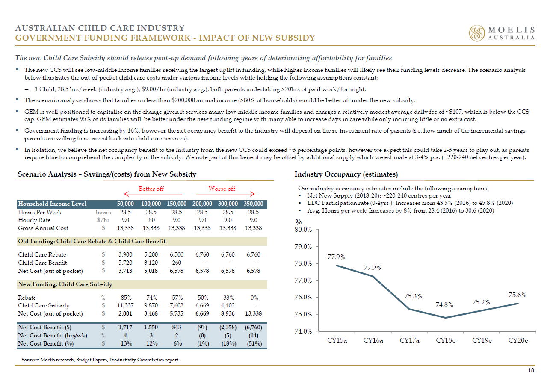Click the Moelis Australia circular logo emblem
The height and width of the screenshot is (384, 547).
coord(477,33)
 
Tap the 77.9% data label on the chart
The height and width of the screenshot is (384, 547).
coord(336,257)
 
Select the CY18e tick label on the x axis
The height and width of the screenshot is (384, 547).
coord(445,340)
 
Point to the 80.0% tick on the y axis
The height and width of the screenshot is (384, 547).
coord(303,230)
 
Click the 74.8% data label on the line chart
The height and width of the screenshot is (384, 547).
coord(444,304)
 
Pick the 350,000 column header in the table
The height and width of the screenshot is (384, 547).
coord(254,204)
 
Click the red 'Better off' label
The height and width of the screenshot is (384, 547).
coord(151,189)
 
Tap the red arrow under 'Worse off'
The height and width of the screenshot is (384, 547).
coord(226,194)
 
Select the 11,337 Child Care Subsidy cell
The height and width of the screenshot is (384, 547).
coord(125,306)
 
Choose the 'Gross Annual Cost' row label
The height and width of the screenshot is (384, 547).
coord(43,228)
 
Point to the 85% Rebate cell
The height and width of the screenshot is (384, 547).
coord(126,298)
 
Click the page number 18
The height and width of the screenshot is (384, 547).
coord(531,370)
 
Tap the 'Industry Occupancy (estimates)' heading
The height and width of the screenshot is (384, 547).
coord(346,174)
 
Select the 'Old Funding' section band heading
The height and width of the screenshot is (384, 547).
coord(92,242)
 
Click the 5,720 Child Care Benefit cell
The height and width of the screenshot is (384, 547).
coord(125,263)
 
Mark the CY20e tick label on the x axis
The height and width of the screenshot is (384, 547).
coord(518,340)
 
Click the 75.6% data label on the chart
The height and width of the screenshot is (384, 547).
coord(517,295)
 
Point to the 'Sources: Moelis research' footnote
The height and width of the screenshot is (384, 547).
coord(100,360)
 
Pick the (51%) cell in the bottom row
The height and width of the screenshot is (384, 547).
coord(254,344)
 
